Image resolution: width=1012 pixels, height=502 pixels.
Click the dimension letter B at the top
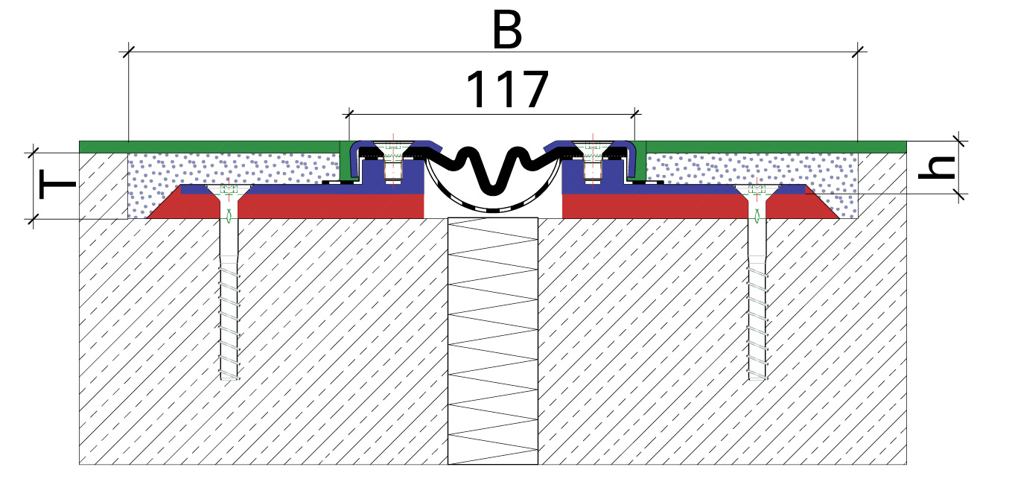(507, 30)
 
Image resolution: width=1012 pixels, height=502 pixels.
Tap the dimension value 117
(507, 89)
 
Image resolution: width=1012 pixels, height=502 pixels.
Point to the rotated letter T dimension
(57, 184)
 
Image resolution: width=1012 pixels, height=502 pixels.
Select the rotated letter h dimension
(937, 167)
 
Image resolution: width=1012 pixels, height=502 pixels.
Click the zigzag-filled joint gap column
(493, 341)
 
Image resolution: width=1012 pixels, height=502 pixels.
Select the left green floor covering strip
(210, 147)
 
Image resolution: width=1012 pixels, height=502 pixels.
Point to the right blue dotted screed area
(752, 169)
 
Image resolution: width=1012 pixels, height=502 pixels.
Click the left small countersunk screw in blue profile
(393, 160)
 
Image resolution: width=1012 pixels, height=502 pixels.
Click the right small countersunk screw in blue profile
(593, 160)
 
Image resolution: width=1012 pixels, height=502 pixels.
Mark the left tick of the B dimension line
(129, 52)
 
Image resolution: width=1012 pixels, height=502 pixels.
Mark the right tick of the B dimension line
(858, 52)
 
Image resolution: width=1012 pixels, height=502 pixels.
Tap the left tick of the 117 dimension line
(349, 114)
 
